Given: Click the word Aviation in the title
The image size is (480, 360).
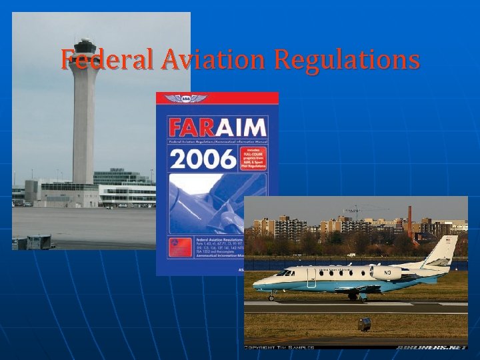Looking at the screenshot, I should click(x=203, y=60).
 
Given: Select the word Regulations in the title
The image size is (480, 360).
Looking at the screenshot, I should click(x=347, y=60).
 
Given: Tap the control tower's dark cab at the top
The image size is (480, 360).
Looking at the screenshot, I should click(x=85, y=49).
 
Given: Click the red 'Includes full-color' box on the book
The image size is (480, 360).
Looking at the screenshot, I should click(x=255, y=159).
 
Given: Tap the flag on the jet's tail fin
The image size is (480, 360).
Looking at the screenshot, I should click(x=448, y=240).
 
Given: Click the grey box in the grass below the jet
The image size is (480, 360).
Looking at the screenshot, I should click(x=364, y=325).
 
